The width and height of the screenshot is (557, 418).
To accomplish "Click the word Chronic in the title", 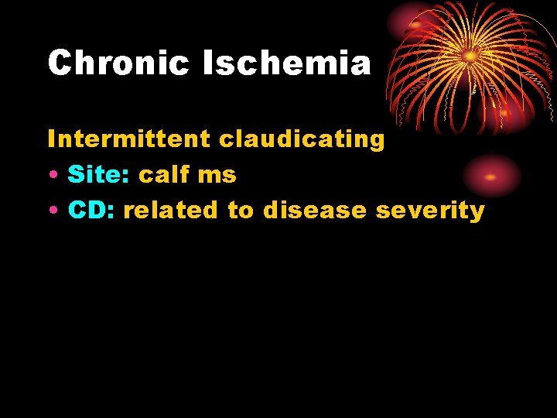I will [118, 63].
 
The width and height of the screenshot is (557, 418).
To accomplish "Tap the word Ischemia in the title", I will [287, 63].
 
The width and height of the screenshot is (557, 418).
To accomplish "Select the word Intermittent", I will [128, 139].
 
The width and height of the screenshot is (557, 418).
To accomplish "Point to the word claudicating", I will [302, 139].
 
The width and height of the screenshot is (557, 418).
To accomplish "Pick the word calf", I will [163, 175].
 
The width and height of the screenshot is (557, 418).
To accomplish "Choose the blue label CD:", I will [92, 210].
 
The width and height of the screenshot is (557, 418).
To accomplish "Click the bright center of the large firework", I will [469, 56].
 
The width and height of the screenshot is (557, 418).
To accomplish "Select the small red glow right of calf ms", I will [490, 176].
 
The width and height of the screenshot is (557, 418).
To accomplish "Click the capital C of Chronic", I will [60, 63].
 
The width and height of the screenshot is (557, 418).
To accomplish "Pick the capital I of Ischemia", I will [207, 63].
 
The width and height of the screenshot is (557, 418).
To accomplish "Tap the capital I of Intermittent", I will [51, 139].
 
